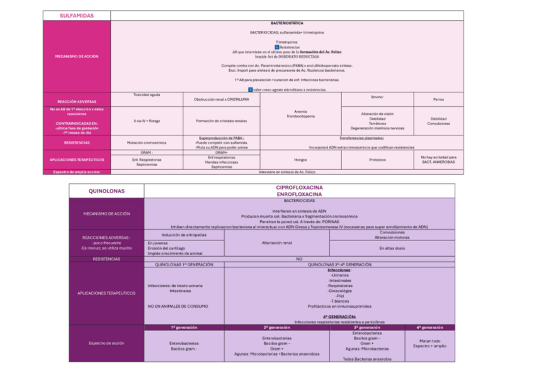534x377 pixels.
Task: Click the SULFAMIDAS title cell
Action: coord(76,15)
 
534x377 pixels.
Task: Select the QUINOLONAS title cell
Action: coord(106,191)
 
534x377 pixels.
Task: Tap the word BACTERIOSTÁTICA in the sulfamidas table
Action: coord(287,23)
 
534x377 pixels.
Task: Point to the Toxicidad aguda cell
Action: coord(146,94)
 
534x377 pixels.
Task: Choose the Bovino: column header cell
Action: coord(377,97)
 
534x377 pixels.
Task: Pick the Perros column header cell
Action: coord(438,99)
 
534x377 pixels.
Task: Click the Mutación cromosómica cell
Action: coord(146,142)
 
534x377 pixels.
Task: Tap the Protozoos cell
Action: coord(377,159)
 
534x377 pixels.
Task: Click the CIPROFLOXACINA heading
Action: coord(300,188)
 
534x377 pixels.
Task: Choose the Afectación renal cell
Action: coord(276,242)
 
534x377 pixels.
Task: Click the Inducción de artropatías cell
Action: coord(184,235)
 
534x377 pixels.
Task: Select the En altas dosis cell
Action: coord(392,248)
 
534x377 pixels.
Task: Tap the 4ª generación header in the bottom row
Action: coord(430,327)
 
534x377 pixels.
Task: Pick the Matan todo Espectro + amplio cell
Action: coord(430,343)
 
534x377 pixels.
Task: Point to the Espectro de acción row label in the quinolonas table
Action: coord(106,343)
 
